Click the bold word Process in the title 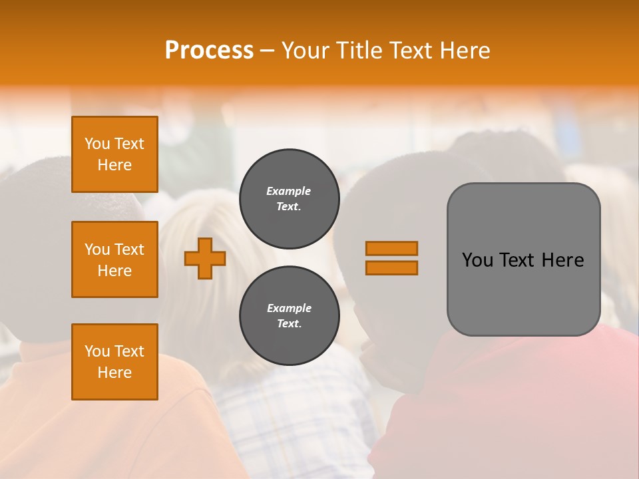point(209,51)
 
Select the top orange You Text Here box point(114,154)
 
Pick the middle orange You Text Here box point(114,259)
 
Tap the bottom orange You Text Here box point(114,362)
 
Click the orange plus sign point(205,258)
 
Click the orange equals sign point(391,258)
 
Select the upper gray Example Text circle point(289,198)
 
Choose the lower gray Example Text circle point(289,315)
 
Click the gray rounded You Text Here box point(523,259)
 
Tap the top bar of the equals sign point(391,249)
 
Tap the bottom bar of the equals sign point(391,267)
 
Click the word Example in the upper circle point(289,191)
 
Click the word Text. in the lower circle point(289,324)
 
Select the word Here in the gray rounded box point(562,260)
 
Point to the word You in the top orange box point(97,144)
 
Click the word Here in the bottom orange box point(114,373)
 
